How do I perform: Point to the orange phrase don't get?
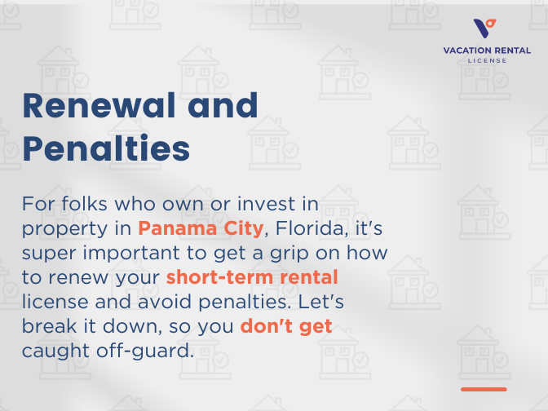click(286, 327)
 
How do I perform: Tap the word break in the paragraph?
click(49, 327)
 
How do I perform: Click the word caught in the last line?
click(52, 352)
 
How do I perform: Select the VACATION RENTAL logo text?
click(487, 51)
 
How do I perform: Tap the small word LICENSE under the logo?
click(487, 60)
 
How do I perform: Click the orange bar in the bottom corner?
click(484, 389)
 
